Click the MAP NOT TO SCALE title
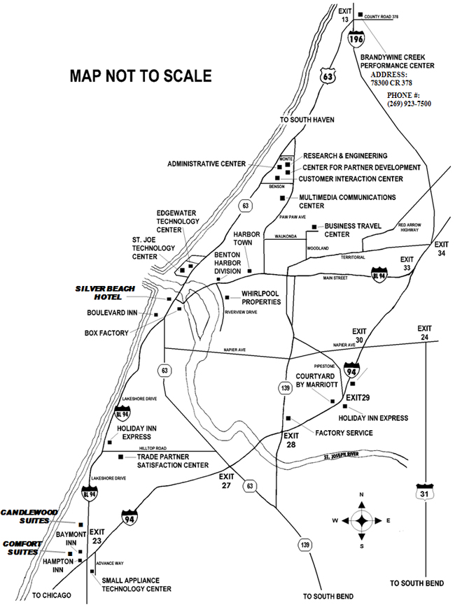point(140,75)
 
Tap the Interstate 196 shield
point(359,39)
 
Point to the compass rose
point(361,520)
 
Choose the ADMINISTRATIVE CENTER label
point(206,164)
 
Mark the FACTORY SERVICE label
point(344,433)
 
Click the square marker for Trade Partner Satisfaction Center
point(120,457)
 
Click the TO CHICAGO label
point(52,595)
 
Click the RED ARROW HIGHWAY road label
point(412,228)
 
